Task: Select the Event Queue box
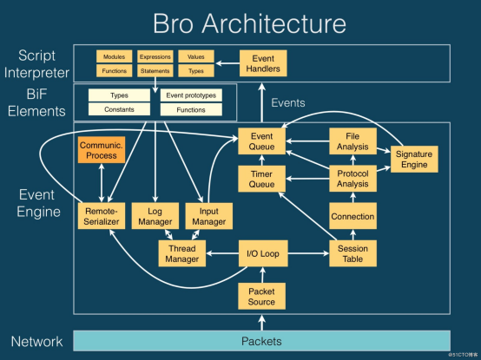click(261, 141)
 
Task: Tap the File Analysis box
click(352, 141)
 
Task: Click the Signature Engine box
click(413, 159)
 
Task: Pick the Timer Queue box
click(261, 179)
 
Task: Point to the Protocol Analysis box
click(352, 179)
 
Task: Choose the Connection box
click(352, 216)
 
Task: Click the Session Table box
click(352, 253)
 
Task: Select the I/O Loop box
click(261, 253)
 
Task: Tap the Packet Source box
click(261, 297)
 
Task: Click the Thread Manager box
click(181, 253)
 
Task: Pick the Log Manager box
click(154, 216)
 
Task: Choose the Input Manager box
click(208, 216)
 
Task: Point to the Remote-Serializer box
click(102, 216)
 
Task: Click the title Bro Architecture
click(247, 23)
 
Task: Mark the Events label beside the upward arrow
click(288, 103)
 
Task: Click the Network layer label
click(36, 341)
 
